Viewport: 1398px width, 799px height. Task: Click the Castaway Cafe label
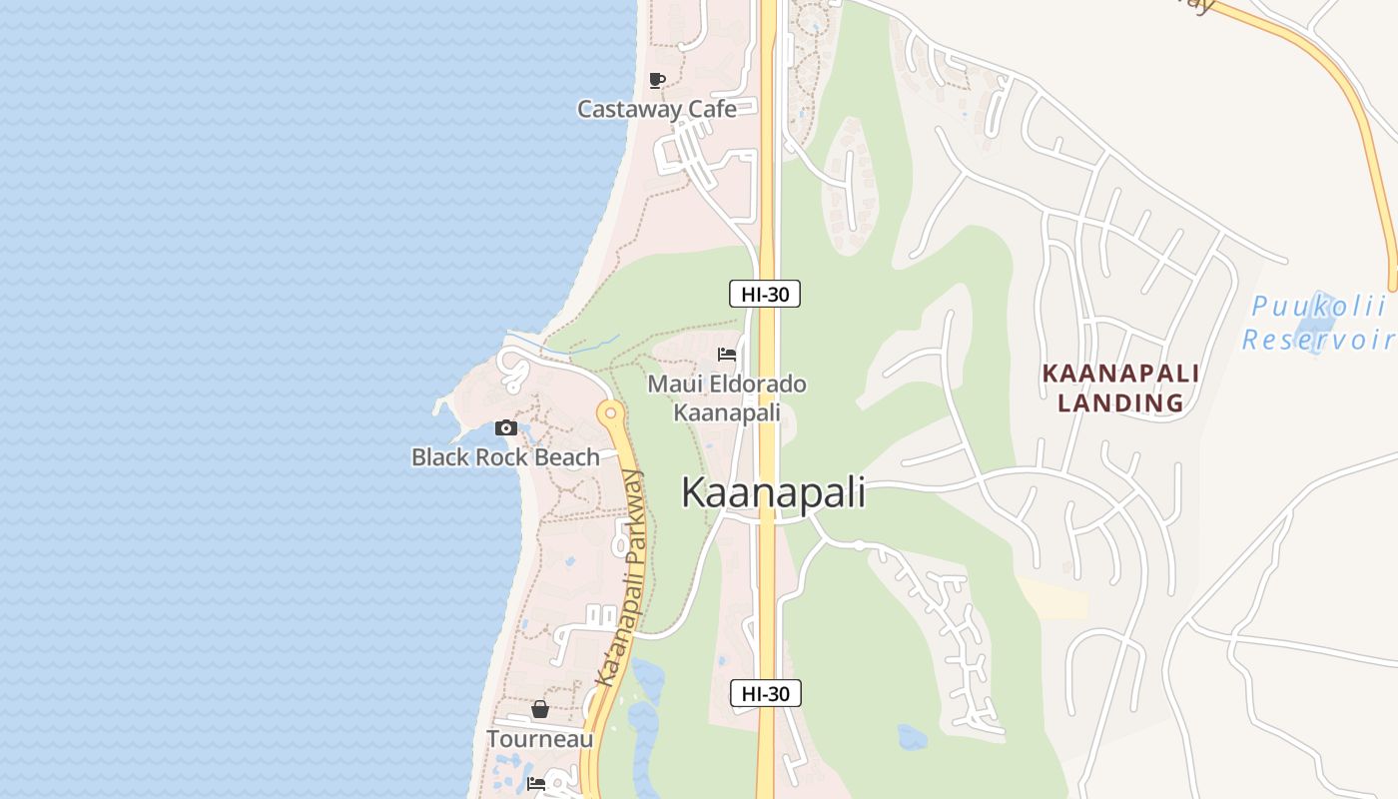coord(657,109)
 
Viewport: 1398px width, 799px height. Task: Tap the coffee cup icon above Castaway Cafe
coord(656,80)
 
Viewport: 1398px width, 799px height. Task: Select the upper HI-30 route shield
coord(765,294)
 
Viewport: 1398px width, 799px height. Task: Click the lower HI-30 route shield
coord(766,693)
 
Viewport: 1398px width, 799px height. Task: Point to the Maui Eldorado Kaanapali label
coord(727,398)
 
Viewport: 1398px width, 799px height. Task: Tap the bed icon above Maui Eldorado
coord(727,355)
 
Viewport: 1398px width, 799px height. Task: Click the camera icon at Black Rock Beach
coord(506,427)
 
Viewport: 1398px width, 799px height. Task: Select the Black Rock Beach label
coord(505,457)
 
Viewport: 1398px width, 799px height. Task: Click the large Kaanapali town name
coord(774,493)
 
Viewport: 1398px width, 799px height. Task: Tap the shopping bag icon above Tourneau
coord(540,709)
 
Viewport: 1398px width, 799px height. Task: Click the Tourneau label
coord(539,739)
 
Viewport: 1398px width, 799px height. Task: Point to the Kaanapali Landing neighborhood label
coord(1120,388)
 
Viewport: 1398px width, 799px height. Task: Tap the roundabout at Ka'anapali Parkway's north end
coord(610,411)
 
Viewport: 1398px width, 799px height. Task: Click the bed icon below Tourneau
coord(536,784)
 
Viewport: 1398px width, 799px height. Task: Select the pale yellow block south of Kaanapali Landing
coord(1053,599)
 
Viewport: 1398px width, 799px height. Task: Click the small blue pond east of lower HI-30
coord(912,738)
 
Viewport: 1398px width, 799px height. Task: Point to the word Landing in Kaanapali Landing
coord(1120,403)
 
